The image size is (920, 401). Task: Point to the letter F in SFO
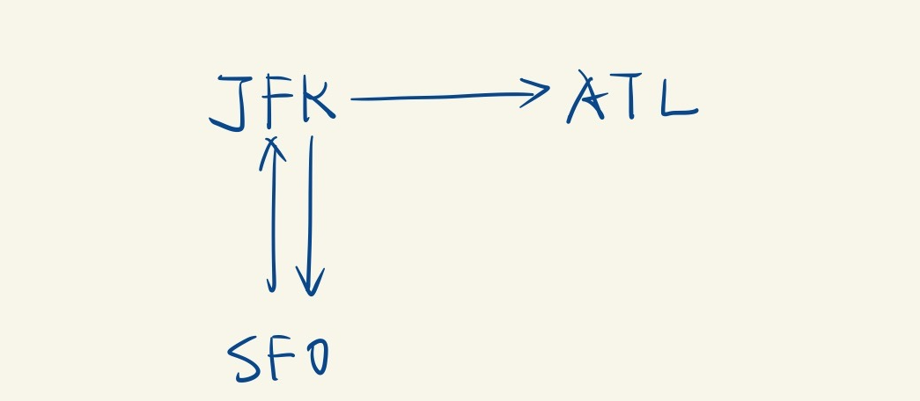279,359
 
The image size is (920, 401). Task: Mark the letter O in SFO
314,359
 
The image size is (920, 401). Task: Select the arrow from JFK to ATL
449,96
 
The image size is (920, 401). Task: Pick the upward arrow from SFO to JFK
273,215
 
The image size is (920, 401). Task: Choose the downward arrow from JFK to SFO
309,215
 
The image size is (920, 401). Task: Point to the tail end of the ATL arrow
354,98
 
